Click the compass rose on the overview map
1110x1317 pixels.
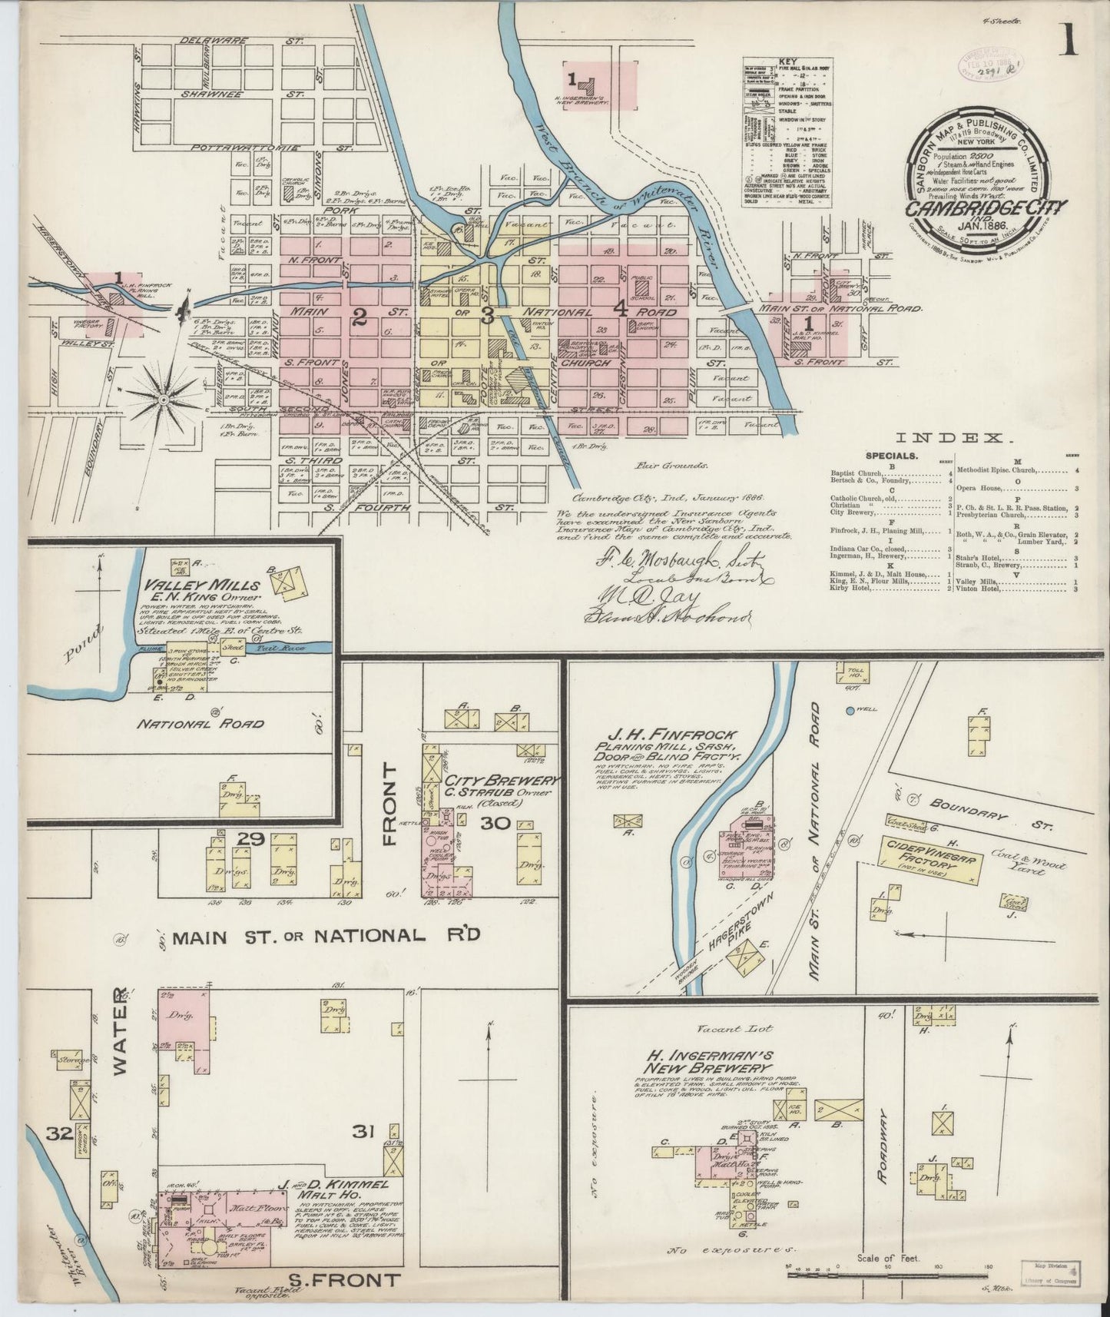point(164,399)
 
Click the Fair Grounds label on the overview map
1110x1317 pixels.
point(671,465)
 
